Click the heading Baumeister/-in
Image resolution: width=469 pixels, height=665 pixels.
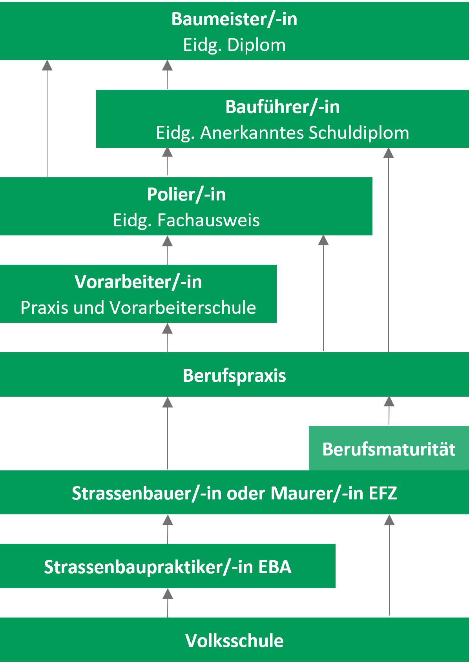234,19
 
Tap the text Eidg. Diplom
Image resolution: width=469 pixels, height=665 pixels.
234,45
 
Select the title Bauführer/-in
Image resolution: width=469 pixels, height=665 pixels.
283,107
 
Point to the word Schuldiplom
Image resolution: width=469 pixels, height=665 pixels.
359,133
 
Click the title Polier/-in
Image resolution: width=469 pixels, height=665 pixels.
186,195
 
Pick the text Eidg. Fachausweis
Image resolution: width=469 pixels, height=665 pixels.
186,220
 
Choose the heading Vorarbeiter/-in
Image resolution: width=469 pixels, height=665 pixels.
138,282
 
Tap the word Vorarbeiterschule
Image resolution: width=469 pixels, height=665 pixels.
183,308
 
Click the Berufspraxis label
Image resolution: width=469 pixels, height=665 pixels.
234,375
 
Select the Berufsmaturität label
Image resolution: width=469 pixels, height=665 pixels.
389,449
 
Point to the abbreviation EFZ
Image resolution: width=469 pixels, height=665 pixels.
383,494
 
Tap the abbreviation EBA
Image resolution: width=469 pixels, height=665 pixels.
275,567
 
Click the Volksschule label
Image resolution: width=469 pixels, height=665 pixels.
234,641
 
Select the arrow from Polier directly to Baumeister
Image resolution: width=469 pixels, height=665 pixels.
47,118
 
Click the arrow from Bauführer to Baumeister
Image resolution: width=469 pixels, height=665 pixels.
168,75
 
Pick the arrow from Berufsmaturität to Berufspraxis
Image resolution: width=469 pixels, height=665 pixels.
389,411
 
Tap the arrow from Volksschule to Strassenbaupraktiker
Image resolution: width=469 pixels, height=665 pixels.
168,603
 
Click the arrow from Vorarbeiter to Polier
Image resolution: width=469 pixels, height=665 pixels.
168,250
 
